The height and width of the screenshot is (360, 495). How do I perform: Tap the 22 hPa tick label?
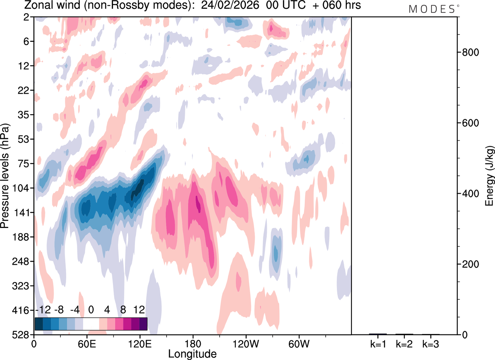[24, 90]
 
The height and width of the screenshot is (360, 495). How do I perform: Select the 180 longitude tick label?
[193, 344]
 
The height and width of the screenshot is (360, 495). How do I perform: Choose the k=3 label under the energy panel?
[430, 344]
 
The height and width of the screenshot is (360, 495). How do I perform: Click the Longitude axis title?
[192, 354]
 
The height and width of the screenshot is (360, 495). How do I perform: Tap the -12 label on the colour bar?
[43, 310]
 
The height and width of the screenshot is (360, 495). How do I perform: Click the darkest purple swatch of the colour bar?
[143, 324]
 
